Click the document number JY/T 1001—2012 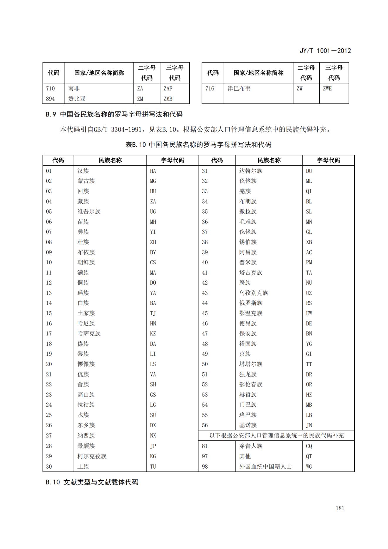(x=325, y=51)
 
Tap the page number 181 (x=340, y=508)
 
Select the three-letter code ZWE (x=327, y=88)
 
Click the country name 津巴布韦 (x=239, y=88)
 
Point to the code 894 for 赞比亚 (x=50, y=99)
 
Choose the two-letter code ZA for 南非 (x=140, y=88)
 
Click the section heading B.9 (x=114, y=114)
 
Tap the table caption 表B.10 (x=198, y=145)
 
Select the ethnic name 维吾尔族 (x=89, y=212)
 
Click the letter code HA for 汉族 (x=153, y=171)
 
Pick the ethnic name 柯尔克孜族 (x=92, y=456)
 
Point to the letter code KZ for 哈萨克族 (x=153, y=334)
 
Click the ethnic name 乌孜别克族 (x=254, y=293)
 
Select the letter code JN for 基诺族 (x=309, y=425)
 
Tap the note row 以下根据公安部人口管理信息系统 (x=276, y=435)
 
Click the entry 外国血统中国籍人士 (x=265, y=467)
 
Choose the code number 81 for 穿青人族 (x=205, y=446)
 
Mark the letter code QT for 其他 (x=309, y=456)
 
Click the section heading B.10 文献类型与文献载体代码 (x=92, y=482)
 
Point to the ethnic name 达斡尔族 (x=251, y=171)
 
